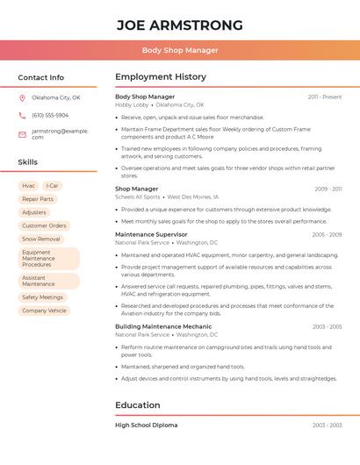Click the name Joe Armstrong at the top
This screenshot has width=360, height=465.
coord(180,25)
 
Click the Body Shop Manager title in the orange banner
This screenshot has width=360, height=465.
coord(180,50)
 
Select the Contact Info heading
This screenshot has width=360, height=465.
coord(40,77)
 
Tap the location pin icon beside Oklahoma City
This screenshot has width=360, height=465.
coord(22,98)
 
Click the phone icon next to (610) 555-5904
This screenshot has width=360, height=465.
coord(22,116)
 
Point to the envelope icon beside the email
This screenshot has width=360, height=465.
coord(22,134)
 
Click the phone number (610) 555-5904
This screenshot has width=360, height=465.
coord(50,116)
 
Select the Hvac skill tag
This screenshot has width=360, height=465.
coord(29,186)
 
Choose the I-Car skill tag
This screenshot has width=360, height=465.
coord(53,186)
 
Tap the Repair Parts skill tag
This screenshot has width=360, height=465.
coord(38,199)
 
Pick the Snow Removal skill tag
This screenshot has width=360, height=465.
coord(41,239)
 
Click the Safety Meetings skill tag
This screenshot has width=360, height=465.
coord(43,297)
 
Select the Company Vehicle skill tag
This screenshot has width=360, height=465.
coord(44,311)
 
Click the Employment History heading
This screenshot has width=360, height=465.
coord(161,77)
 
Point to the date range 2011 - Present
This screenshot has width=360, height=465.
coord(325,97)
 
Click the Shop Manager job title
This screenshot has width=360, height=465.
coord(137,189)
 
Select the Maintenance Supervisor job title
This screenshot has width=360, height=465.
coord(151,234)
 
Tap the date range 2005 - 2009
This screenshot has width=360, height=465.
coord(327,235)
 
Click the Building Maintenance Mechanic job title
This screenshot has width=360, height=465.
coord(163,326)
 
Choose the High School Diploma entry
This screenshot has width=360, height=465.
coord(146,425)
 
